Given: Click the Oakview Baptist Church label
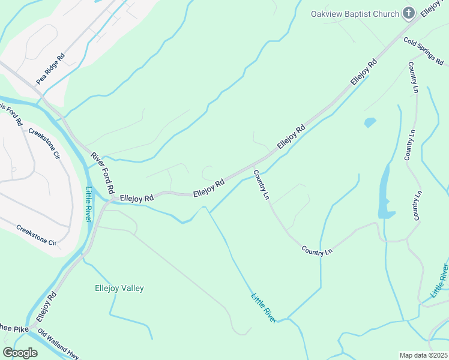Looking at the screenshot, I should coord(354,14).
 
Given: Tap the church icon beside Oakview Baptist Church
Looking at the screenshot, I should coord(408,13).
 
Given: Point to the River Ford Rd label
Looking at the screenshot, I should coord(103,172).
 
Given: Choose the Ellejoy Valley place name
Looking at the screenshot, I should coord(119,288).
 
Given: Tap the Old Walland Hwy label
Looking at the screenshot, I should coord(58,344).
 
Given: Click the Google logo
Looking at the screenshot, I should coord(20,352).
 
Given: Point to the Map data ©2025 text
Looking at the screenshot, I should coord(423,355).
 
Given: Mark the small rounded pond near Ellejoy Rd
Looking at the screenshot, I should coord(370,122).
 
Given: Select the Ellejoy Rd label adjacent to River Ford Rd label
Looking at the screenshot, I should coord(136,197).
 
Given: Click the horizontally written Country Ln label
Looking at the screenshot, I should coord(316,251).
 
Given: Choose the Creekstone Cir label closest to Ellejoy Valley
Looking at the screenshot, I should coord(36,235).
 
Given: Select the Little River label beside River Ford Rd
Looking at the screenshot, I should coord(88,204).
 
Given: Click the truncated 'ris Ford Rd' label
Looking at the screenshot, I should coord(11,112).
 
